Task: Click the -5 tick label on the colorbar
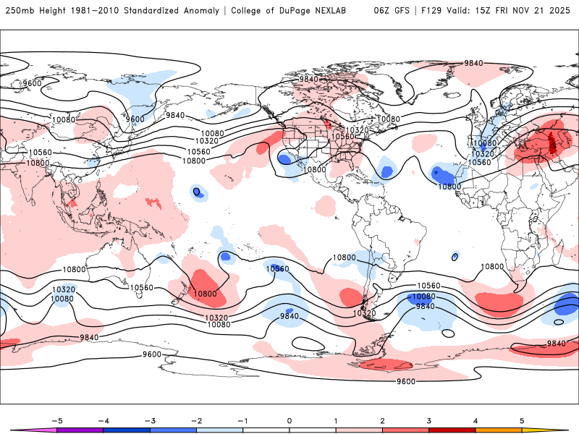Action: (x=56, y=420)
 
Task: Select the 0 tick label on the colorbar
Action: (x=289, y=420)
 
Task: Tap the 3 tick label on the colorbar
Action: (x=428, y=420)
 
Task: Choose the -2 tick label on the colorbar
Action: (x=195, y=420)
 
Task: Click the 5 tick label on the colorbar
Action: (x=522, y=420)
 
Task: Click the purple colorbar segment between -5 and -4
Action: (x=80, y=430)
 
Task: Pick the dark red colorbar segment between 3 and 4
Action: (x=452, y=430)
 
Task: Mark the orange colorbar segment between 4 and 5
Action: (x=499, y=430)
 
